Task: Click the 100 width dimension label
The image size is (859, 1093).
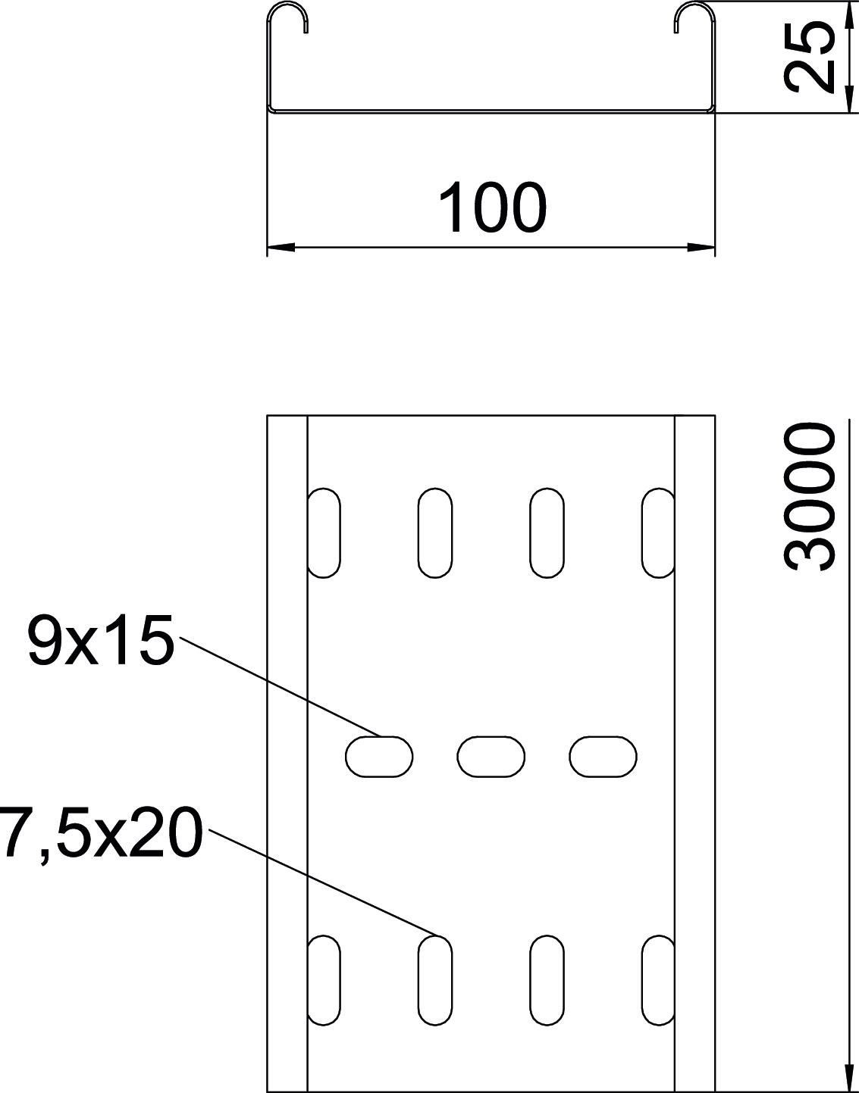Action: point(492,207)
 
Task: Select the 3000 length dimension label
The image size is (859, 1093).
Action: point(810,496)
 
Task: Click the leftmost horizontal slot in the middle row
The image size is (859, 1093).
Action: point(379,756)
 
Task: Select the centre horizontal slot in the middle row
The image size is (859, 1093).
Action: point(491,756)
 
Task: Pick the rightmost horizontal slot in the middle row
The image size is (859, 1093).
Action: point(603,756)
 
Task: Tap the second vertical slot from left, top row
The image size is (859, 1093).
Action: point(435,533)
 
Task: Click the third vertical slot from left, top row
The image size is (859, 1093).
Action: point(547,533)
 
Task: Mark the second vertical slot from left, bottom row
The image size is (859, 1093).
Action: point(435,980)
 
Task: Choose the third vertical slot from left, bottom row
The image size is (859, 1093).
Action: point(547,980)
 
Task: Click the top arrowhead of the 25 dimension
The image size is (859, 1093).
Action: point(847,15)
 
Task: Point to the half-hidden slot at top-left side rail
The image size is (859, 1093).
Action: point(324,533)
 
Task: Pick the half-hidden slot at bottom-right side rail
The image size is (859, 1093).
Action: point(657,980)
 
